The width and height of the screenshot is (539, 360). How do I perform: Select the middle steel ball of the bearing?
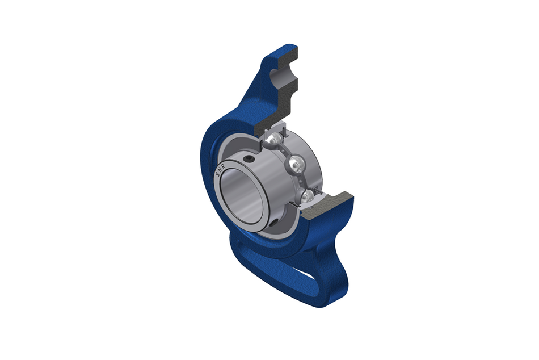click(296, 166)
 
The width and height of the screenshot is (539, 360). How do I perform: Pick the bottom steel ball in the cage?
click(308, 196)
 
